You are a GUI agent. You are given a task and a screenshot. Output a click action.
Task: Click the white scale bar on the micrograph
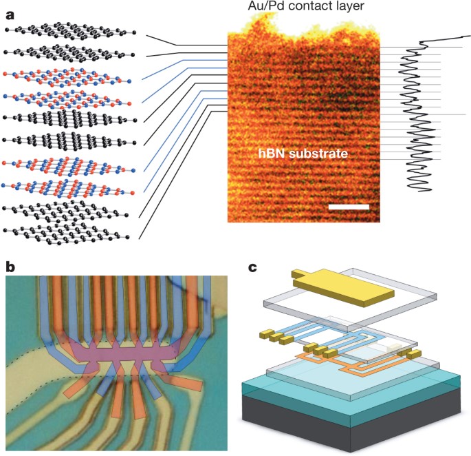tap(349, 206)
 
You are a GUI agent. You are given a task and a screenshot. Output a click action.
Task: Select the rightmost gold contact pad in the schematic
tap(413, 355)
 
